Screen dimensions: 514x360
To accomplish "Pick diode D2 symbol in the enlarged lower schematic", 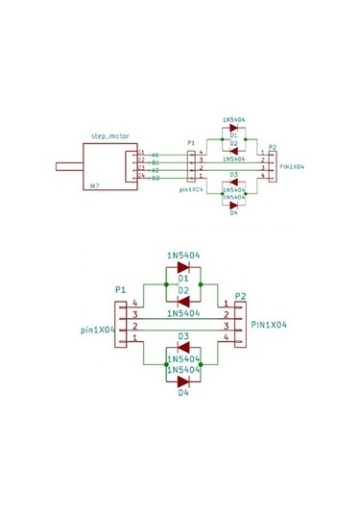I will [x=183, y=301].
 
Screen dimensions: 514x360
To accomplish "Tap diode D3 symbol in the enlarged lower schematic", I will [x=183, y=348].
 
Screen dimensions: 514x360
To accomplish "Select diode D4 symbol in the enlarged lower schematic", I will [x=183, y=381].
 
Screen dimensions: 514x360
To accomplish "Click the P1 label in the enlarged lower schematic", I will [x=120, y=289].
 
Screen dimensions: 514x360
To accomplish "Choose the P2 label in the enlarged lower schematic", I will [x=240, y=295].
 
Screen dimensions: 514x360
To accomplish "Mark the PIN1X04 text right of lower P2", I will [x=270, y=326].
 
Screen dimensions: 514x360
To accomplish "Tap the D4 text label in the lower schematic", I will [x=183, y=393].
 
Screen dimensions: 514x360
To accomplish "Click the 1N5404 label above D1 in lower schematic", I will [x=183, y=256].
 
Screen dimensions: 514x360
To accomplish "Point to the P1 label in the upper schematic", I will [x=190, y=142].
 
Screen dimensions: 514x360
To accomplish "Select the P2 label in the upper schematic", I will [x=273, y=147].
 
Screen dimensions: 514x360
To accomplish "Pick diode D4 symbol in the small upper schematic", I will [x=233, y=204].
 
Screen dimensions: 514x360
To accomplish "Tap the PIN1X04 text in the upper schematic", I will [x=291, y=166].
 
